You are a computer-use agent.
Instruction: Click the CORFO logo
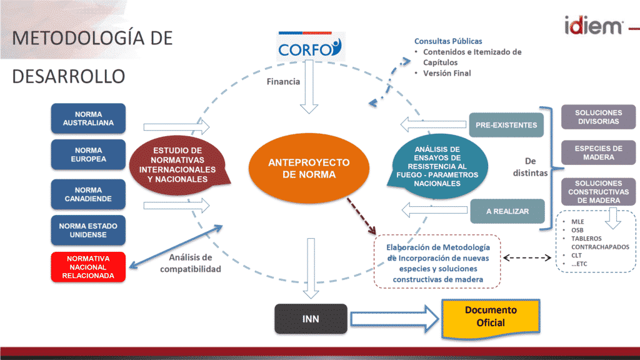coord(310,46)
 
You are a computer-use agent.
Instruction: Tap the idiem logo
coord(594,26)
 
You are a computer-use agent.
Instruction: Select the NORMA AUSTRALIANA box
coord(88,118)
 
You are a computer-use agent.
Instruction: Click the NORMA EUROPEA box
coord(88,155)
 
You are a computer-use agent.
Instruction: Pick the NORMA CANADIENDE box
coord(88,194)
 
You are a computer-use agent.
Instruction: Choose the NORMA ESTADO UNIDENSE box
coord(88,230)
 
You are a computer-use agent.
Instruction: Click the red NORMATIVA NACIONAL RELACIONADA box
coord(88,267)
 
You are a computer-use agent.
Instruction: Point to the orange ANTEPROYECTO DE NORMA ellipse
coord(309,168)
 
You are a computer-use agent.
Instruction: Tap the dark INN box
coord(311,319)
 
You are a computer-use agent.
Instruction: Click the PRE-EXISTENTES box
coord(506,125)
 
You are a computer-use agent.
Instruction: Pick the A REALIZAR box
coord(507,211)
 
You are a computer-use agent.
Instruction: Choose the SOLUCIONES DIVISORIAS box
coord(598,117)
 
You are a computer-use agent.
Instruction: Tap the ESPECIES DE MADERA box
coord(598,152)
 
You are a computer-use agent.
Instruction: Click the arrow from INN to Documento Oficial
coord(395,319)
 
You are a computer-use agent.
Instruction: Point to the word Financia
coord(283,82)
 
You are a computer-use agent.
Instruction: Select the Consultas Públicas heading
coord(448,41)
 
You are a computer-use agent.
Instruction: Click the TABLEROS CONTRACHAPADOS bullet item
coord(600,242)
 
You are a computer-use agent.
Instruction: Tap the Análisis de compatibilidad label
coord(190,263)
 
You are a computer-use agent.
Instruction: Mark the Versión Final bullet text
coord(447,74)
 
